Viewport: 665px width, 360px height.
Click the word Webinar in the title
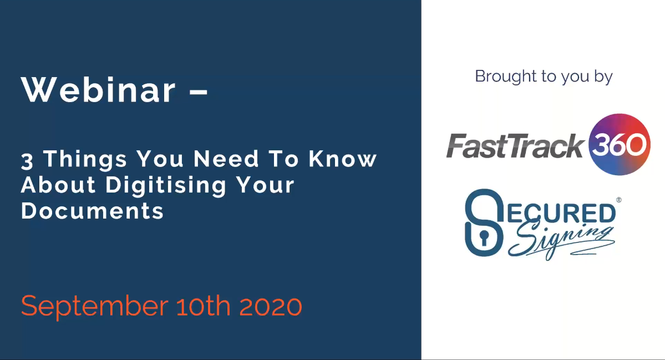click(x=98, y=90)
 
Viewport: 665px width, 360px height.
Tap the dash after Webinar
click(x=198, y=91)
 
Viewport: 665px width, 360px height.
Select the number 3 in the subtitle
click(x=27, y=161)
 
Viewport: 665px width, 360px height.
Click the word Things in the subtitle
click(x=85, y=159)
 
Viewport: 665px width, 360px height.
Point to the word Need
click(x=226, y=159)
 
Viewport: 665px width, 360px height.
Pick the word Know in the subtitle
click(x=343, y=159)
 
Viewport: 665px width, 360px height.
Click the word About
click(x=59, y=185)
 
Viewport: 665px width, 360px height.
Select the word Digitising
click(x=166, y=186)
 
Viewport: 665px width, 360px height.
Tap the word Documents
click(x=93, y=211)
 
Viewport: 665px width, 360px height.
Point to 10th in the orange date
click(x=203, y=306)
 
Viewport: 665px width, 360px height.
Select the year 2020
click(x=271, y=306)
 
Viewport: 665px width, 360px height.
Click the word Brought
click(x=505, y=77)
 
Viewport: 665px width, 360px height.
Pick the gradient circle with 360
click(x=620, y=144)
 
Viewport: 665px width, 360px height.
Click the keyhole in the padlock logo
click(x=483, y=238)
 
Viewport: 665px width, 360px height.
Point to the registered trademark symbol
click(x=619, y=200)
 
